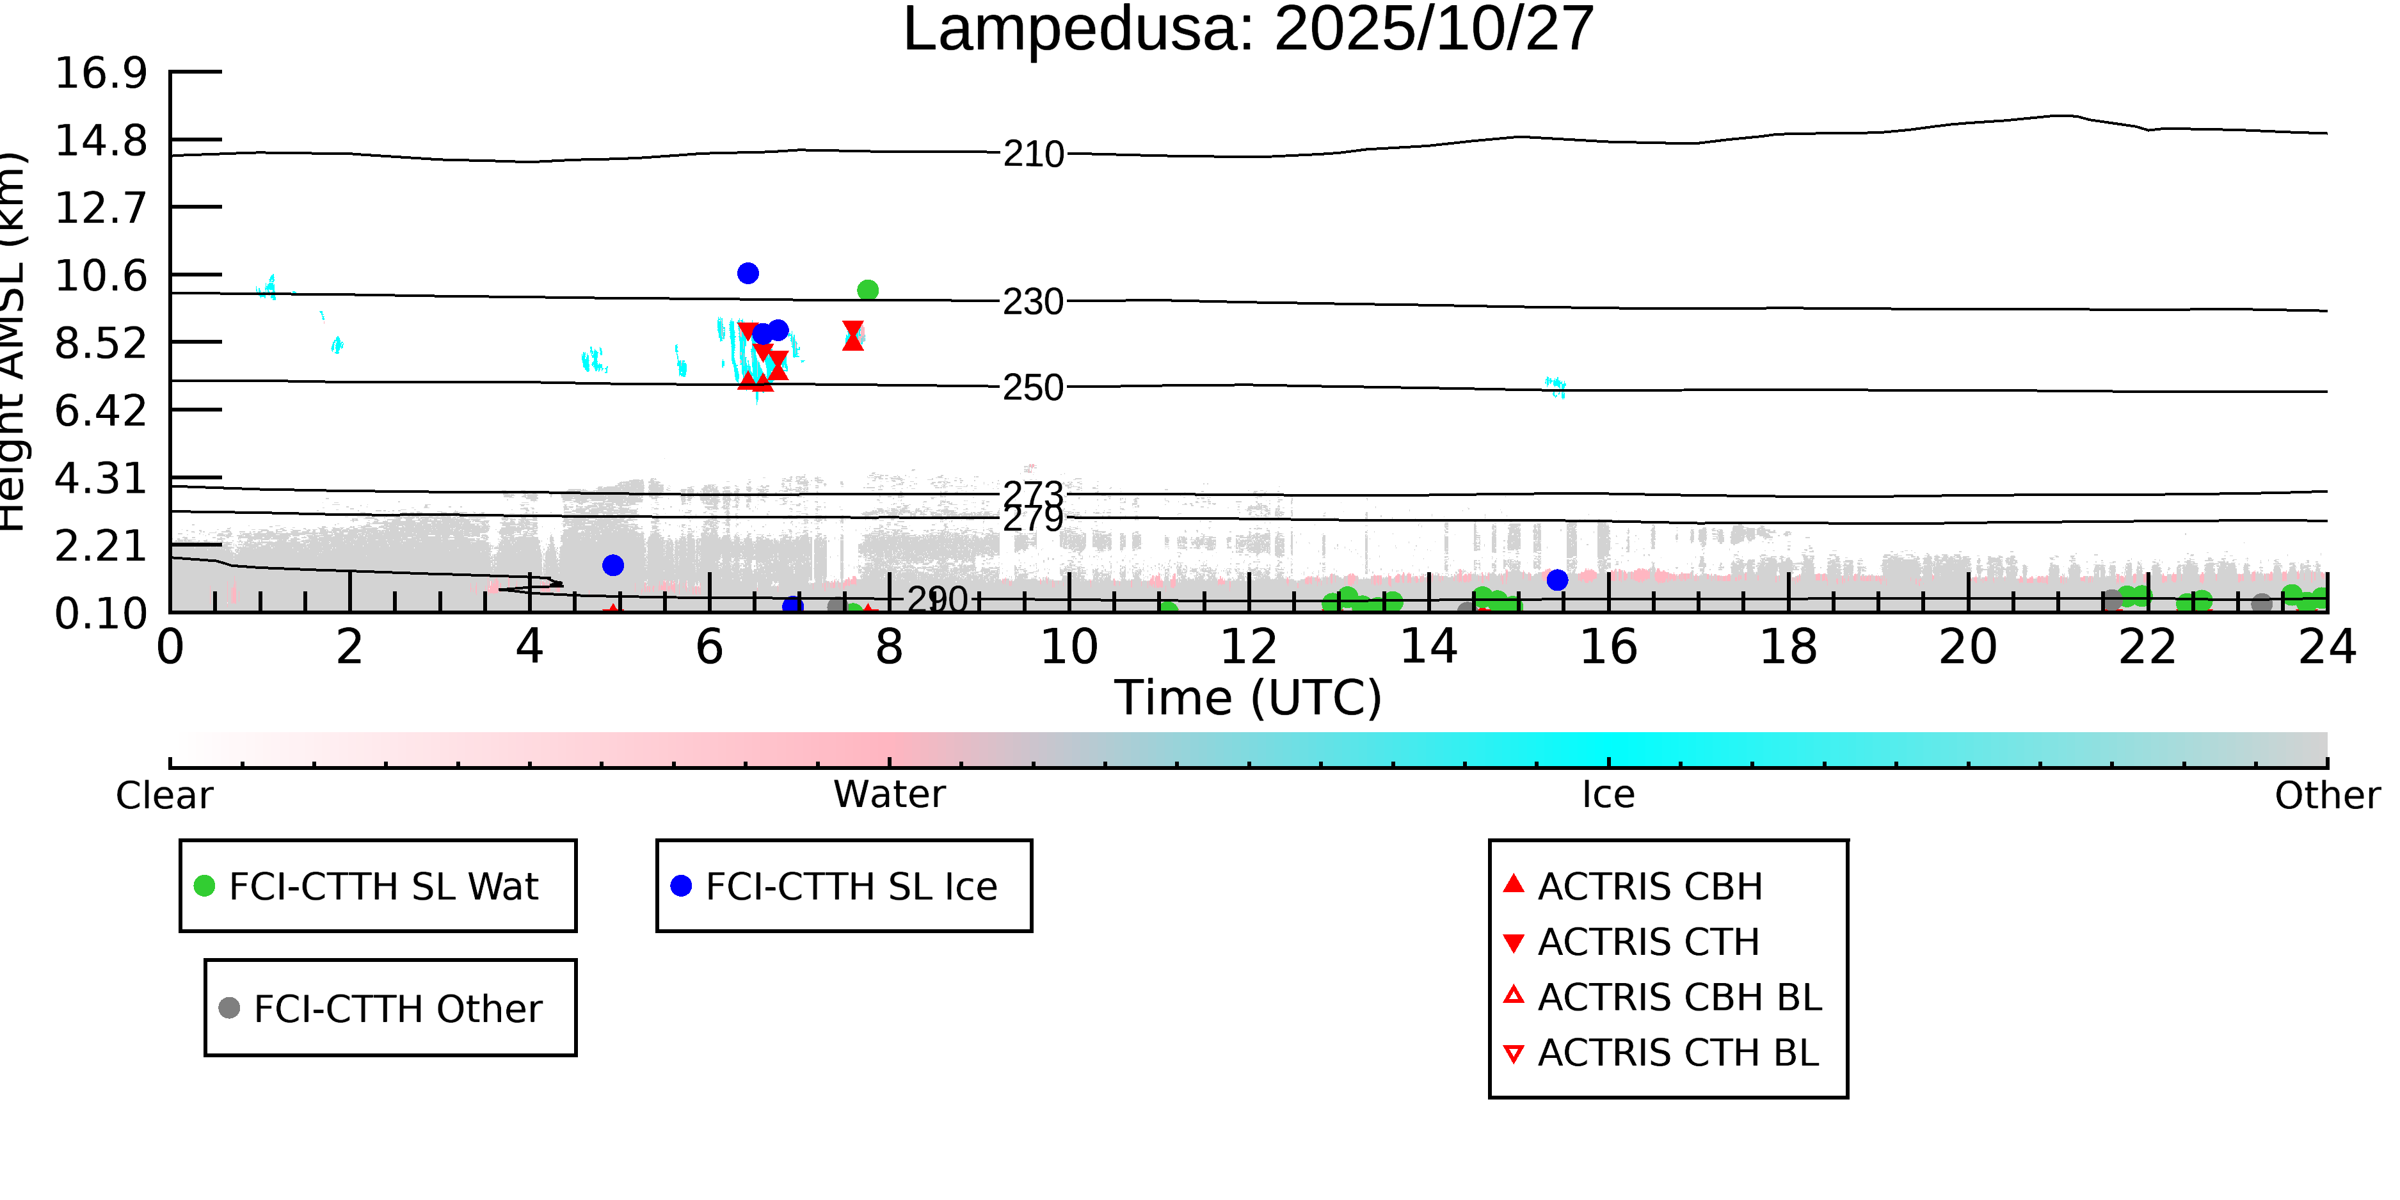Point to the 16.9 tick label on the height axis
coord(100,73)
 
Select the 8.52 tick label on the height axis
coord(100,344)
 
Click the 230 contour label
coord(1032,303)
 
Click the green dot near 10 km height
coord(867,291)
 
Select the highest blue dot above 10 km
coord(748,273)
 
